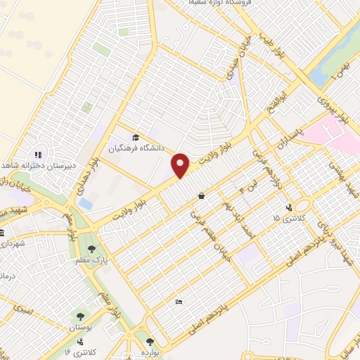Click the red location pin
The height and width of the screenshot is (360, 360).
tap(181, 166)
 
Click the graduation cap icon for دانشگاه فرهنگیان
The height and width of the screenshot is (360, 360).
tap(135, 137)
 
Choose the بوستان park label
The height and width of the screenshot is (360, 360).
tap(84, 328)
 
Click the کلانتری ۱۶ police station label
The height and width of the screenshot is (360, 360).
tap(77, 350)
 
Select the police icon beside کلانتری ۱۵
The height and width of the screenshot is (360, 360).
tap(289, 207)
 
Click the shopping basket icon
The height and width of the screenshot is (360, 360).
tap(202, 196)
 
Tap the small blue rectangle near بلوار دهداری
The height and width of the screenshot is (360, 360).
tap(86, 203)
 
